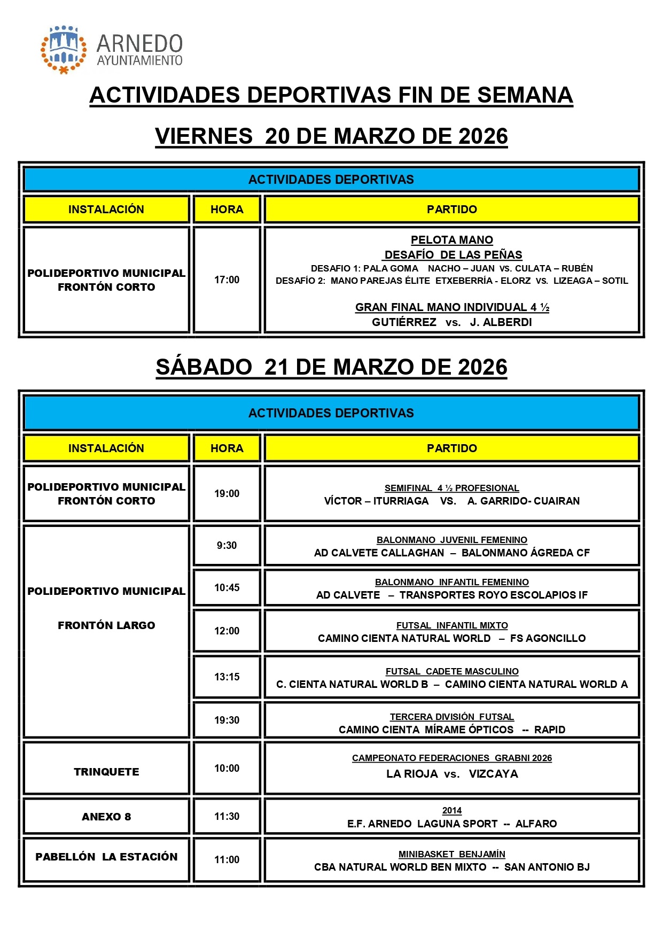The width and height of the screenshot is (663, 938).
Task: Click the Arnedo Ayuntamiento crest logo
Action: (x=64, y=49)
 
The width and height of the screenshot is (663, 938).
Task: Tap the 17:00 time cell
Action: (x=227, y=280)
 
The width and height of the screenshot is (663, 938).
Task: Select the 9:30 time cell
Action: (x=227, y=545)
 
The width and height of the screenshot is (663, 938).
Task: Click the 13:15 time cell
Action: (x=227, y=677)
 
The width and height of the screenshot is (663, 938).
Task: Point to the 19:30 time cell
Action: (x=227, y=720)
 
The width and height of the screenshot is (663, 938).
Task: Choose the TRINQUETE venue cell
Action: (x=106, y=772)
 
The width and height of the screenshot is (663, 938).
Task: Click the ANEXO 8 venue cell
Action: (x=106, y=817)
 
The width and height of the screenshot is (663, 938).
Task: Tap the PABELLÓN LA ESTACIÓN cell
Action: (x=106, y=857)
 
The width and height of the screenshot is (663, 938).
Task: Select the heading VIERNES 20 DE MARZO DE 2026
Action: (x=331, y=136)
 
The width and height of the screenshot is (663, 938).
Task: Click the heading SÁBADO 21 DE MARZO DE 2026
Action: (x=331, y=367)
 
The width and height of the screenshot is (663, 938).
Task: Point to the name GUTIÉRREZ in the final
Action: (x=404, y=322)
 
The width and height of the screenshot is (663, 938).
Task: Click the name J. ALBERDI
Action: (x=501, y=322)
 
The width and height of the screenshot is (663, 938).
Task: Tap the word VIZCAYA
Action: (x=493, y=774)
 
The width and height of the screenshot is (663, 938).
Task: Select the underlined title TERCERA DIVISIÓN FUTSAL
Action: (x=451, y=717)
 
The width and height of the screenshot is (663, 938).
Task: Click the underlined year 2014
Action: (x=451, y=811)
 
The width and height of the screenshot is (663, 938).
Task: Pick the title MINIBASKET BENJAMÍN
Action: (x=451, y=854)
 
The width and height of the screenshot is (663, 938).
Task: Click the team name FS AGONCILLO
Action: (x=548, y=638)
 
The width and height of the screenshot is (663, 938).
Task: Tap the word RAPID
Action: (x=549, y=730)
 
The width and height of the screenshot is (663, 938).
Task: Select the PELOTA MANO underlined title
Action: (x=451, y=240)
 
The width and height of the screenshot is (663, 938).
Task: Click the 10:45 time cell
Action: (x=227, y=587)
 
